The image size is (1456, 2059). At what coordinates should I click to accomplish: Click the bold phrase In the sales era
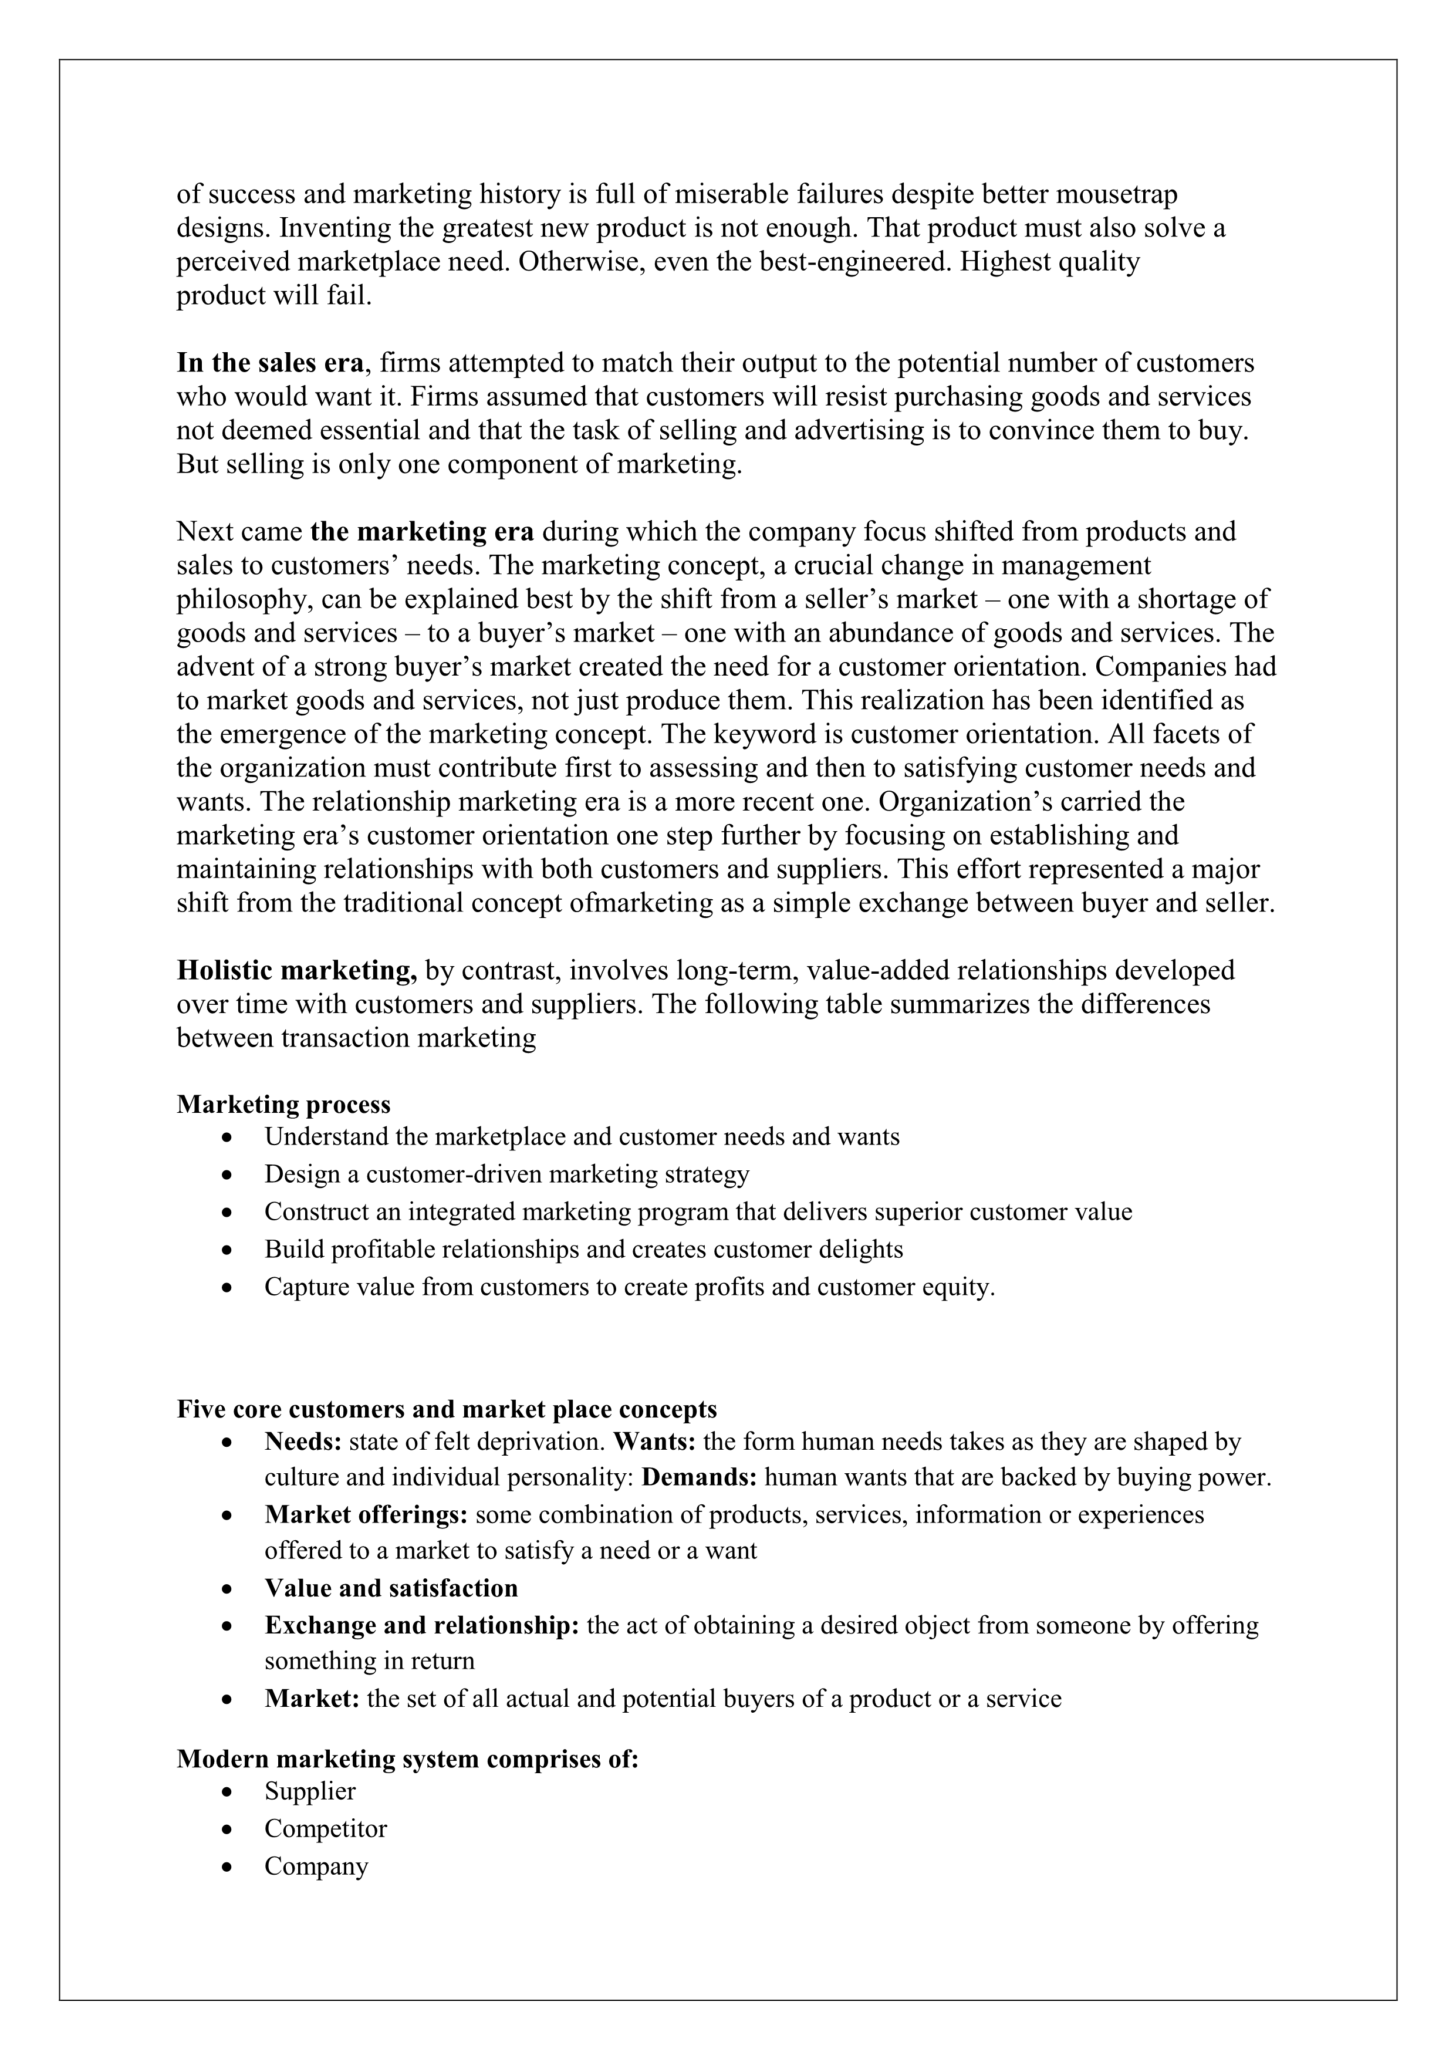[270, 363]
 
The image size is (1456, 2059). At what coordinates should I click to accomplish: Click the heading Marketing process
[283, 1104]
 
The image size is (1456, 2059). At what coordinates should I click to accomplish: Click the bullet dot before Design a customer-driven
[231, 1175]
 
